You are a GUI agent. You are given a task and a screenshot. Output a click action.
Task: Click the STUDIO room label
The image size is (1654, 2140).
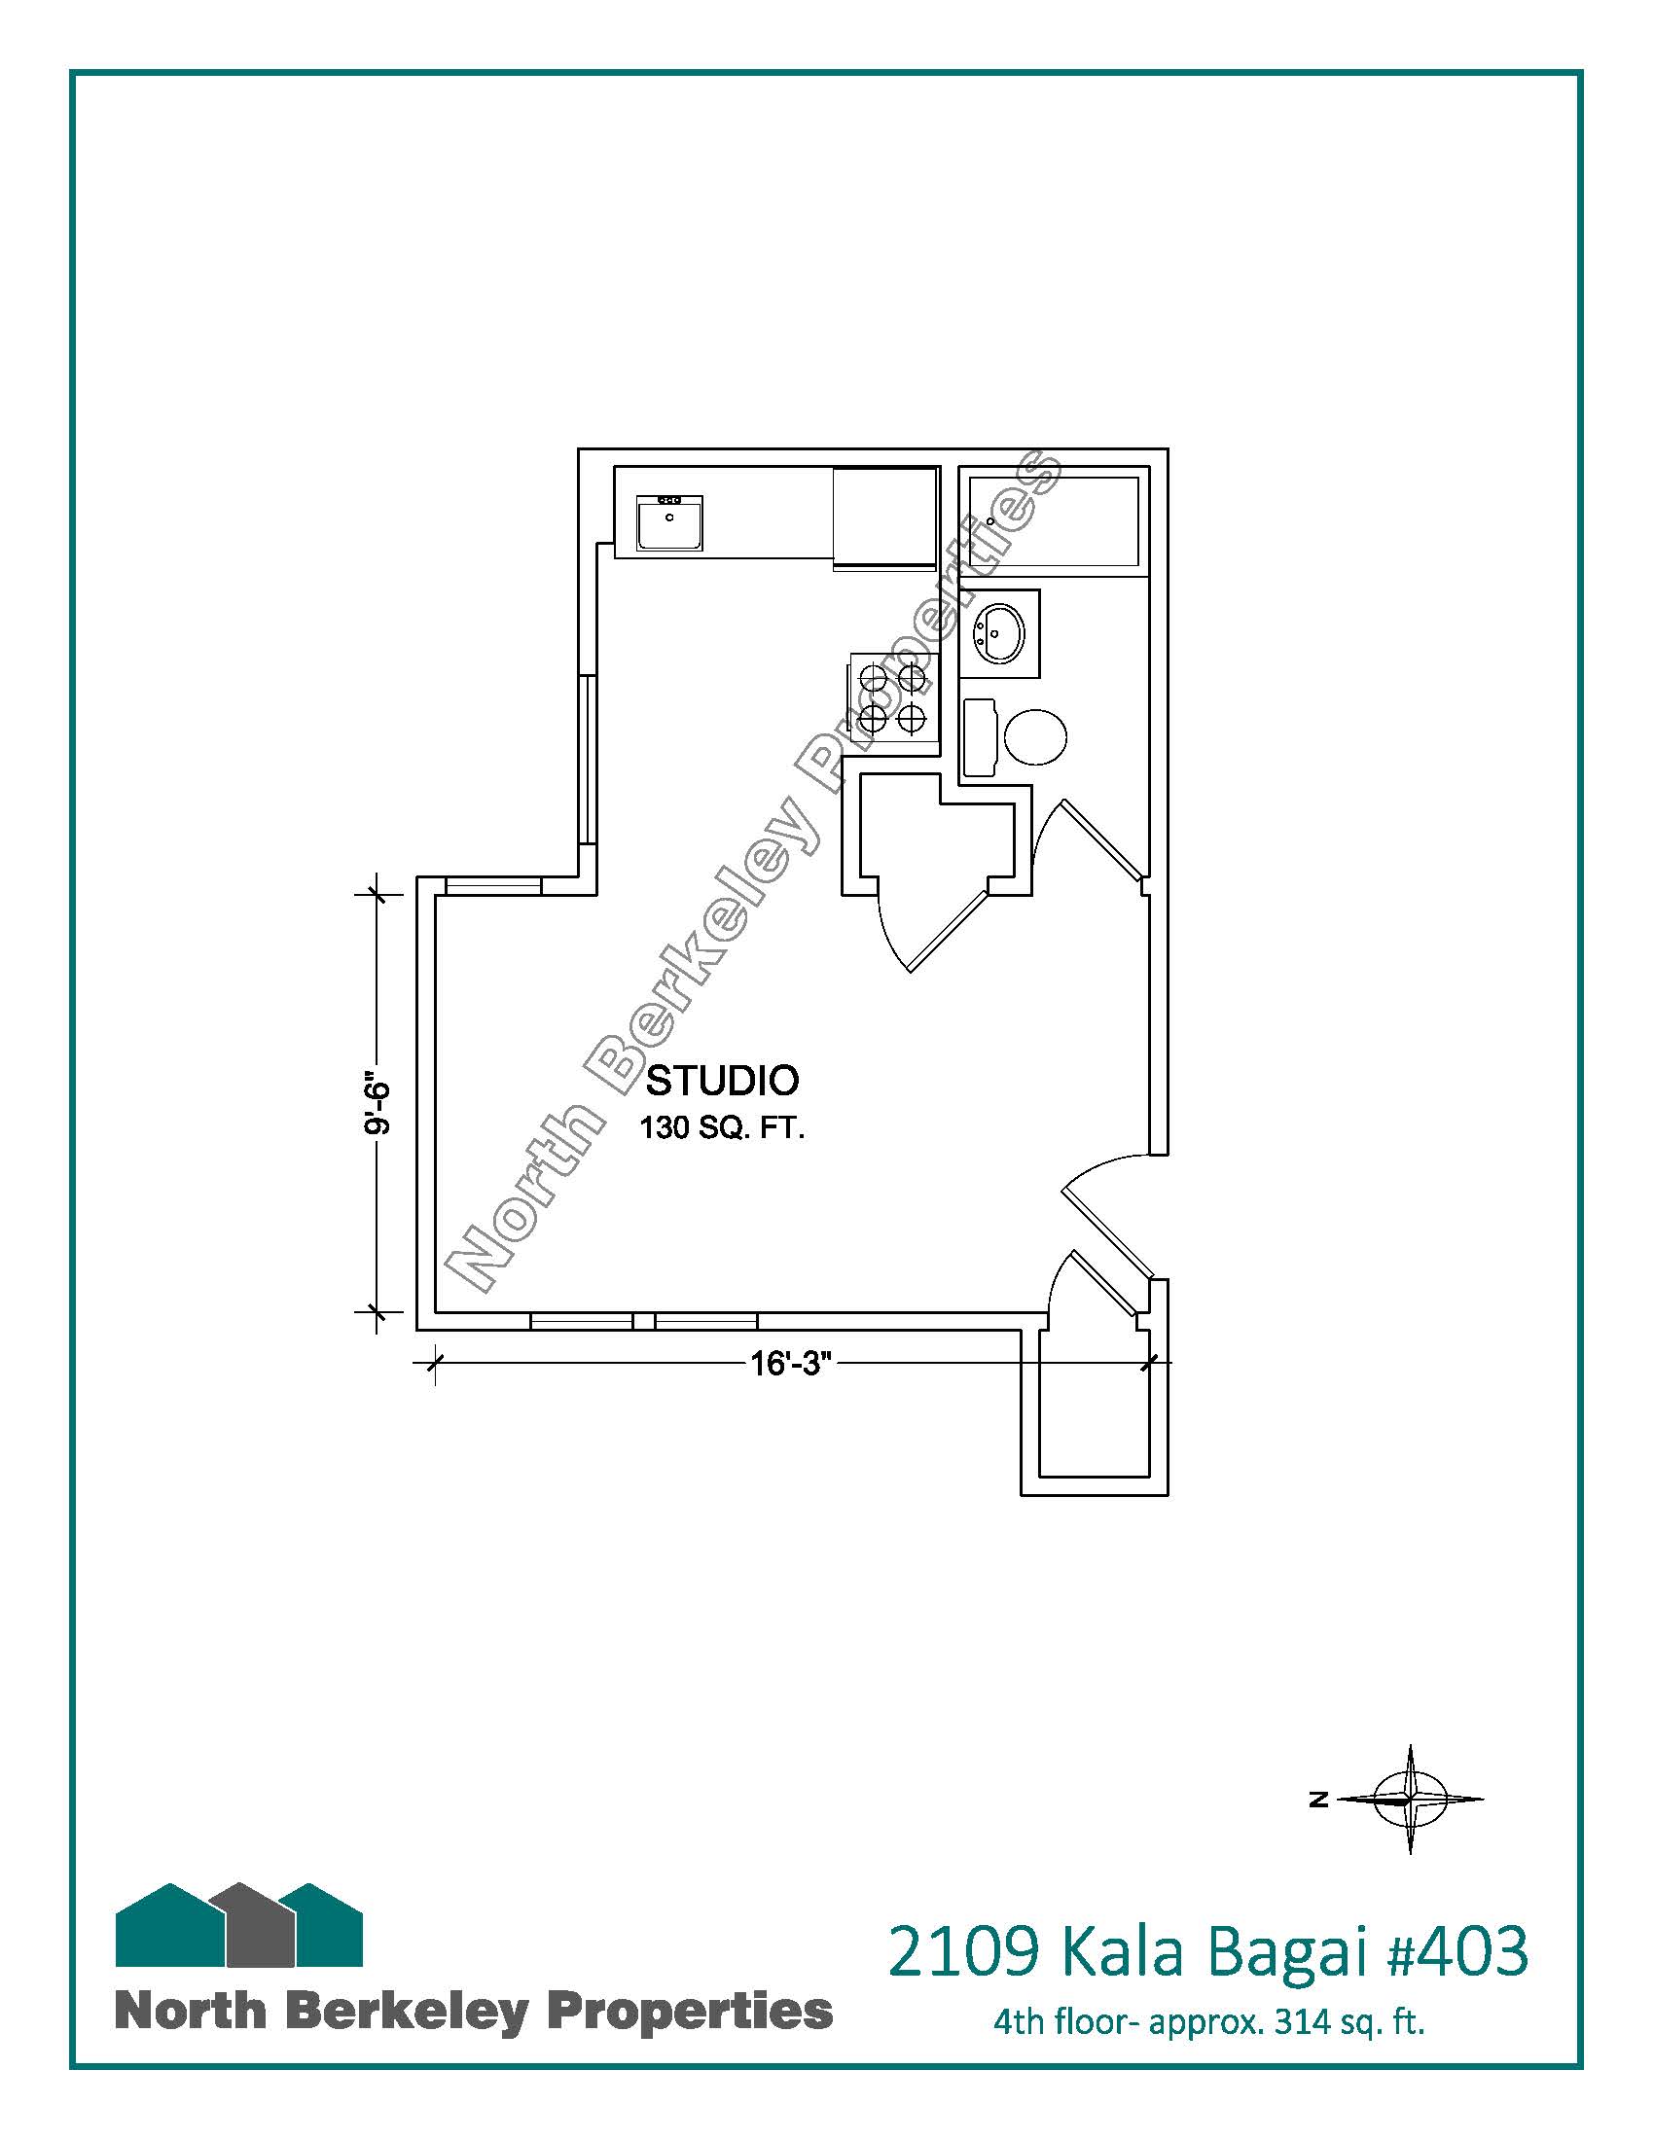[x=722, y=1081]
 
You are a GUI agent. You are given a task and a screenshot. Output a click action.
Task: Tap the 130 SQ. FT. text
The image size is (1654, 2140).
[x=722, y=1128]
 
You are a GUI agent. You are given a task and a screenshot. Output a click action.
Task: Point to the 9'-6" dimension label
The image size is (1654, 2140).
[x=378, y=1107]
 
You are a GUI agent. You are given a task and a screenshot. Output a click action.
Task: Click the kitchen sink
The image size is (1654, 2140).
[x=669, y=523]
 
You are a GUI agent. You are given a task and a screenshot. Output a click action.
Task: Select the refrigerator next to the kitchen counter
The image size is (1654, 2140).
[x=885, y=518]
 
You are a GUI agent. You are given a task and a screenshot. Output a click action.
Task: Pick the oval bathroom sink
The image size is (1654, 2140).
[x=998, y=633]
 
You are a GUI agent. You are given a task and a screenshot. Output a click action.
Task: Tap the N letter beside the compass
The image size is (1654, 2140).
[x=1319, y=1798]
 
